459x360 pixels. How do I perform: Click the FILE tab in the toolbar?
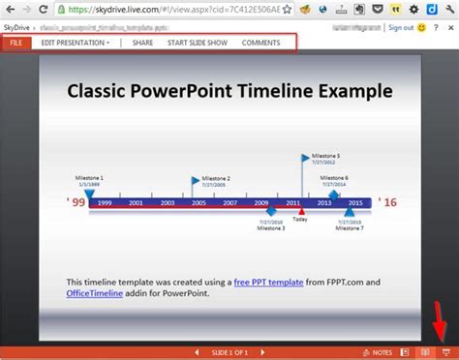click(x=15, y=44)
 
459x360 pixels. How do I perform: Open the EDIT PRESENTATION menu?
click(x=76, y=44)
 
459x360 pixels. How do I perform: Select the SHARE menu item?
click(x=142, y=44)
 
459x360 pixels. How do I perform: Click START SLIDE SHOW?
click(x=197, y=44)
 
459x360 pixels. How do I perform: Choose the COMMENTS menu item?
click(x=260, y=44)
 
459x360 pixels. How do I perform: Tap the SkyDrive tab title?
click(x=16, y=28)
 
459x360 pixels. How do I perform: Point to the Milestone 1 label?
click(x=88, y=177)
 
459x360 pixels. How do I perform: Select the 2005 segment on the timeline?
click(x=198, y=202)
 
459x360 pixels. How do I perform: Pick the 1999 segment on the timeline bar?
click(x=105, y=202)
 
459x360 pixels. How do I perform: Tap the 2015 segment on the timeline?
click(x=354, y=202)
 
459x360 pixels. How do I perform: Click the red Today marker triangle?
click(x=301, y=211)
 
